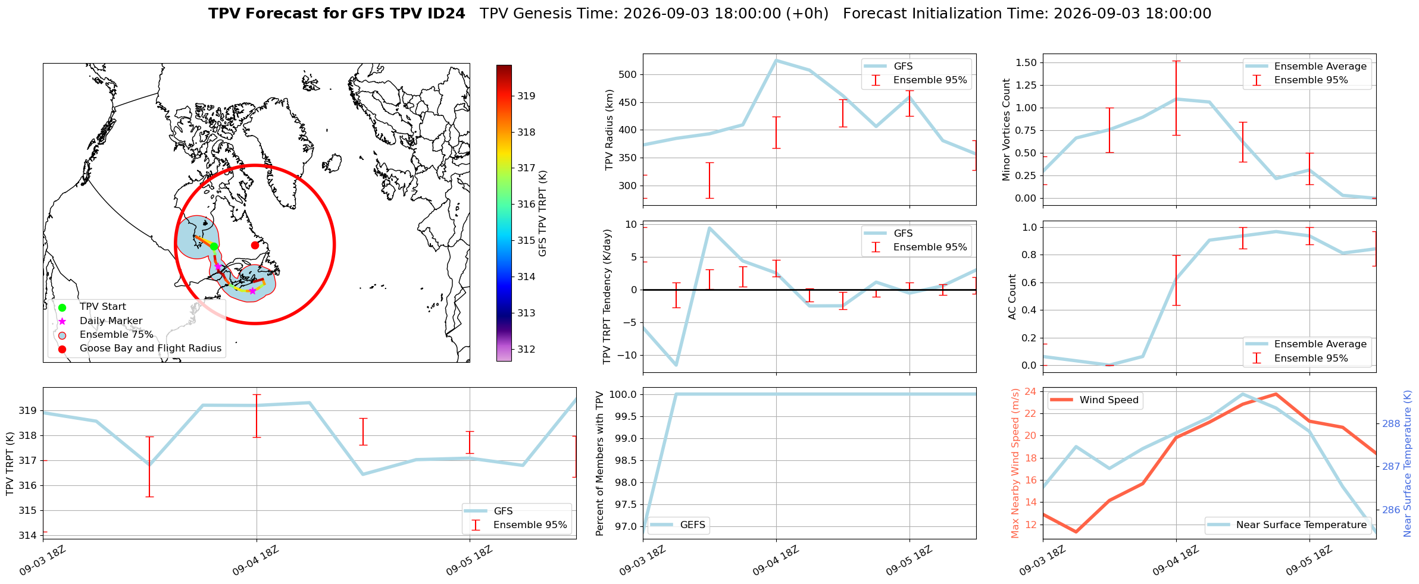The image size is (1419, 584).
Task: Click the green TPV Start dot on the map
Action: tap(214, 246)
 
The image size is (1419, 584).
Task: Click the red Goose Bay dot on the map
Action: tap(255, 245)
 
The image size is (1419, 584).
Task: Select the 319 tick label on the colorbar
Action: tap(526, 96)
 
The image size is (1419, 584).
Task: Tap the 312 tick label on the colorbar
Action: tap(526, 349)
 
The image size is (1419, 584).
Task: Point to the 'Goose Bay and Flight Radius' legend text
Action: tap(151, 348)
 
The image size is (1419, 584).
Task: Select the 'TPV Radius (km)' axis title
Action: tap(609, 130)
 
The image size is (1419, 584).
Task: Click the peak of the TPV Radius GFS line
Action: tap(776, 60)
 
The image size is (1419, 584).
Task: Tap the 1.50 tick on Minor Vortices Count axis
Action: tap(1026, 62)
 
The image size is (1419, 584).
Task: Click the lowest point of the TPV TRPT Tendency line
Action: tap(676, 365)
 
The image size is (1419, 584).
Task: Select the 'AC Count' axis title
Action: tap(1012, 297)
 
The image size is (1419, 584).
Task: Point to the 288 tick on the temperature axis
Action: tap(1392, 423)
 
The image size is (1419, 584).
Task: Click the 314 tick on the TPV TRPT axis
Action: tap(28, 535)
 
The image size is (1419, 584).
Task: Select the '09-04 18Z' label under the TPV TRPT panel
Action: tap(255, 560)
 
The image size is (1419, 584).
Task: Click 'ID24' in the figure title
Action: tap(443, 14)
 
